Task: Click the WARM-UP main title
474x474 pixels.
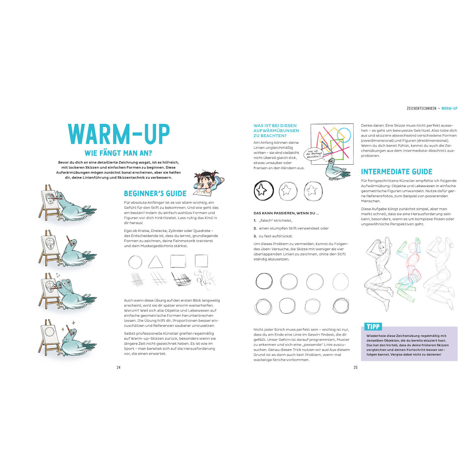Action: (119, 134)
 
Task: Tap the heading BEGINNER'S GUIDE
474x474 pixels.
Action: (155, 193)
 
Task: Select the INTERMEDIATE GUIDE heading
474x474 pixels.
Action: (397, 172)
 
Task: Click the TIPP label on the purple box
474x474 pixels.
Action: (373, 327)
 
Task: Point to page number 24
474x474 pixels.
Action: (118, 367)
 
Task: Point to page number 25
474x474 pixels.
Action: (355, 367)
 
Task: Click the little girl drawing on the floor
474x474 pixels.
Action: (209, 183)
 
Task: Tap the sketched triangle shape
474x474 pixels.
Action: (155, 262)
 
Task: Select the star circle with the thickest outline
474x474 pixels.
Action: (264, 191)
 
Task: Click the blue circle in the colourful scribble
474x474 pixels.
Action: (344, 135)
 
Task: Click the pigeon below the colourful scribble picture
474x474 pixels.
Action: (337, 170)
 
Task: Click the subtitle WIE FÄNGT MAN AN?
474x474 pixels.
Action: (118, 153)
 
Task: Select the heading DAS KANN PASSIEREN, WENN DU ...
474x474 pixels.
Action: (286, 213)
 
